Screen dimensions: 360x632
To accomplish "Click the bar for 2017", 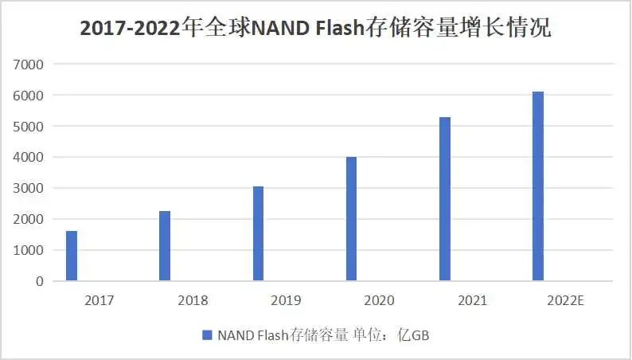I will coord(72,256).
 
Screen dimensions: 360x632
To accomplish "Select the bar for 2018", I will coord(165,245).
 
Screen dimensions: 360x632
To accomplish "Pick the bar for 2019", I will coord(258,233).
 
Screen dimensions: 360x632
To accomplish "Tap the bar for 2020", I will coord(351,218).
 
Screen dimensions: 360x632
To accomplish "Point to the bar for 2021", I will coord(444,198).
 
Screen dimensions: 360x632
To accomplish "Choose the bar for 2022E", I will coord(538,186).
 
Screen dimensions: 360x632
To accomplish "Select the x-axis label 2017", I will coord(99,300).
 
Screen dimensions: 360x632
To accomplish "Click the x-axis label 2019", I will coord(286,300).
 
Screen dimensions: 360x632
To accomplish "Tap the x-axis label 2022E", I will coord(567,300).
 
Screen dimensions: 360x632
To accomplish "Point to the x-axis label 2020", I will coord(379,300).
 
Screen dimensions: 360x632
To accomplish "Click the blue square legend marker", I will coord(207,335).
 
